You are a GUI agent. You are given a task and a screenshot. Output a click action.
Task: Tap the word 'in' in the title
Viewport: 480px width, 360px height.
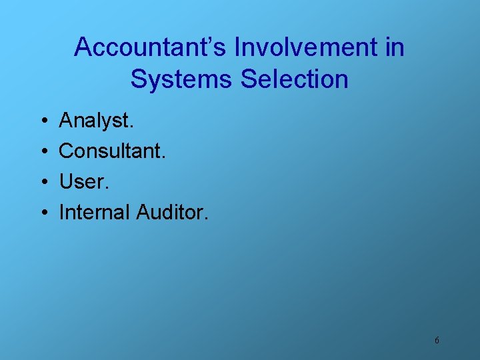click(395, 47)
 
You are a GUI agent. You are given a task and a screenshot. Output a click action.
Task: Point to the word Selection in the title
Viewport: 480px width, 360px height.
click(295, 79)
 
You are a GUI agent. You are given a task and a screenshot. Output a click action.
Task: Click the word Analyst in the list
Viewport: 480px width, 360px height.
click(95, 121)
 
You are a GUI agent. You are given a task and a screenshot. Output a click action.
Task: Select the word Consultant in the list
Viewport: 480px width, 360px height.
click(111, 151)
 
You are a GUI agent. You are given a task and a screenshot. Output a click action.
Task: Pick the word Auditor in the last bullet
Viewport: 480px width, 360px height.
click(171, 212)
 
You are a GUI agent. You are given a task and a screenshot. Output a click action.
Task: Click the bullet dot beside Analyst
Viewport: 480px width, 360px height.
click(43, 121)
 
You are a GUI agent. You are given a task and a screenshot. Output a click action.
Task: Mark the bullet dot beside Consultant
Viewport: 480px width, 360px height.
click(43, 152)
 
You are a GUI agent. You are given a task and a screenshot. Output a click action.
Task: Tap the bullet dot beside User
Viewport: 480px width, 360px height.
click(43, 182)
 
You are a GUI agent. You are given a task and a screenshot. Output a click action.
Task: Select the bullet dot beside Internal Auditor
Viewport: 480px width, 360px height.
click(43, 213)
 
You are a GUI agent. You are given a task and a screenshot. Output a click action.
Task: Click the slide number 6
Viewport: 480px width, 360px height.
click(437, 340)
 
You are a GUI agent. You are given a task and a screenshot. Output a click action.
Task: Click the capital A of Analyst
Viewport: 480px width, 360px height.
click(66, 121)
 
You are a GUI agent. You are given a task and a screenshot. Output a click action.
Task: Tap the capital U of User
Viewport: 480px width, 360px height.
click(67, 181)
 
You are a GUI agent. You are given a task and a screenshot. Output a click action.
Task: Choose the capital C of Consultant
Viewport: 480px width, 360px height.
click(67, 151)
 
